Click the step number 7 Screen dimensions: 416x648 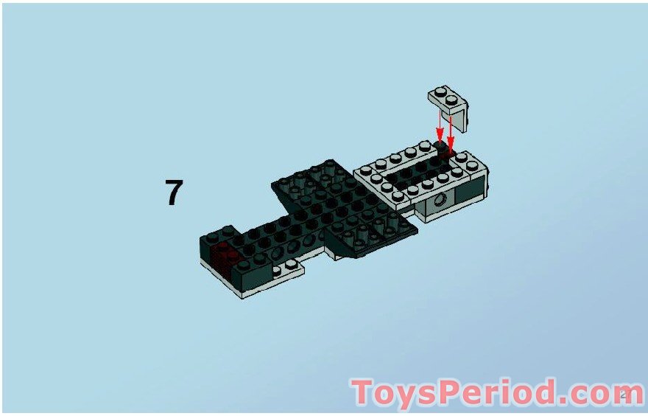[x=173, y=193]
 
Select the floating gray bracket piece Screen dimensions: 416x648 [x=449, y=103]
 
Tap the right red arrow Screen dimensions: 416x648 [x=451, y=133]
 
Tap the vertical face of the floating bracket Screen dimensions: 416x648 [x=458, y=117]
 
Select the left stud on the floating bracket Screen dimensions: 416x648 [x=440, y=91]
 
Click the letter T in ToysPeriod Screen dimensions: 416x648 [x=363, y=393]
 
